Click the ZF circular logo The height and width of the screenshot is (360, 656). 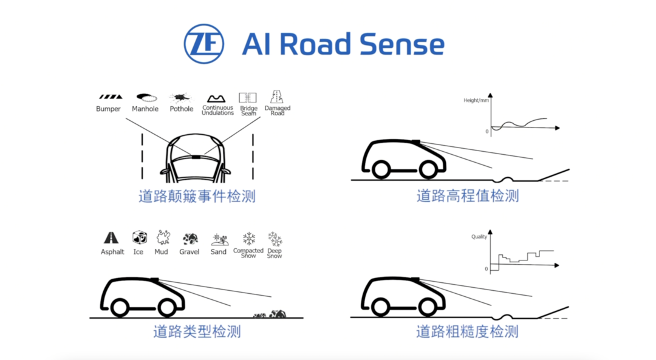[204, 44]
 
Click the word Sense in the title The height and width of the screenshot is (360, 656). [402, 45]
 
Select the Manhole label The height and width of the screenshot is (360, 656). [146, 109]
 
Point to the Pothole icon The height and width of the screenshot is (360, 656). [181, 97]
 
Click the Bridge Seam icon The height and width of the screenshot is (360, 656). [248, 97]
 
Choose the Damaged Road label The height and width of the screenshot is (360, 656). [278, 110]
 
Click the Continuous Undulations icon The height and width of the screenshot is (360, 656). [217, 98]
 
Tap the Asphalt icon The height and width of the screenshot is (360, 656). [111, 237]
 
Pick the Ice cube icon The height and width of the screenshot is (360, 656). [139, 237]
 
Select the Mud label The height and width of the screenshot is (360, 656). [161, 251]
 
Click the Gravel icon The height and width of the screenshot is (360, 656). [190, 238]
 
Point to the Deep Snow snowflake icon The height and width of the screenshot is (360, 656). [275, 239]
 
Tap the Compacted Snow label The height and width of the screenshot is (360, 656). [248, 253]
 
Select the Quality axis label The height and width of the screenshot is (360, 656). [479, 237]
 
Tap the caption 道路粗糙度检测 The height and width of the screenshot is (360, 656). [467, 331]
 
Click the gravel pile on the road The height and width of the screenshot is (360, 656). [270, 314]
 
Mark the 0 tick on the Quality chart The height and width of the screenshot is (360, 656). [486, 269]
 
